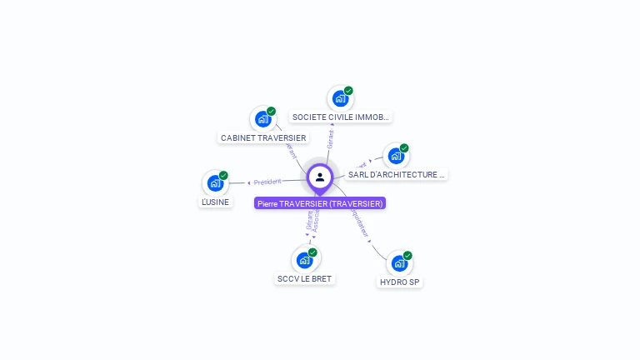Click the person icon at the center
click(x=320, y=177)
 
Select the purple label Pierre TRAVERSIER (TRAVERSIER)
click(x=320, y=203)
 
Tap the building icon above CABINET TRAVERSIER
click(x=262, y=118)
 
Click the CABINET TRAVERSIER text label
click(x=263, y=137)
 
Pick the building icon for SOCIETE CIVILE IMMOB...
click(x=340, y=98)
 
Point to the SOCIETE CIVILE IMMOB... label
click(x=341, y=117)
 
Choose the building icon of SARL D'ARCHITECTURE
click(x=396, y=156)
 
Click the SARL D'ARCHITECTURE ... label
click(x=397, y=175)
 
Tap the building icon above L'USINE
click(x=215, y=182)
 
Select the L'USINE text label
click(x=216, y=202)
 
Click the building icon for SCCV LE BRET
click(x=304, y=259)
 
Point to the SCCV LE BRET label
click(x=305, y=278)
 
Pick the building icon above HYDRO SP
click(x=400, y=263)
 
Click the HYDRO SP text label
click(x=401, y=282)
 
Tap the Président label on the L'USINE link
click(x=267, y=181)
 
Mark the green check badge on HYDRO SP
click(x=407, y=256)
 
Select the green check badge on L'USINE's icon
click(x=223, y=175)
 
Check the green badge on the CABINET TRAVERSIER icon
click(x=271, y=111)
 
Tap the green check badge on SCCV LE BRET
click(x=312, y=252)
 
